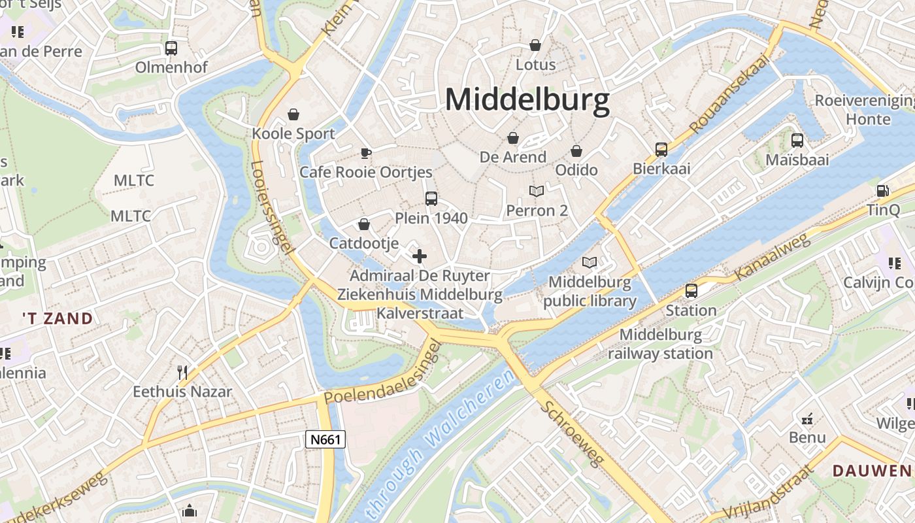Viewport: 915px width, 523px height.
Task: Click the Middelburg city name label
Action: (x=527, y=100)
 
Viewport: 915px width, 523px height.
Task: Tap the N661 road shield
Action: (x=325, y=439)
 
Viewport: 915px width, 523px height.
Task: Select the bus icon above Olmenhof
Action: (x=171, y=48)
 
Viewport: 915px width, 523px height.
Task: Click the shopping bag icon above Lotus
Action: (x=535, y=45)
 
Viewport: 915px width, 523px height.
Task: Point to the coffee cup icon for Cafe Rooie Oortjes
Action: (x=366, y=153)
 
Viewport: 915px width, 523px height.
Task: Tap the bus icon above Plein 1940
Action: (x=431, y=198)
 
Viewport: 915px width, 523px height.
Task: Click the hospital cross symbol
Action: (x=420, y=256)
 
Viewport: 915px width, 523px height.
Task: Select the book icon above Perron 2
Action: (x=537, y=191)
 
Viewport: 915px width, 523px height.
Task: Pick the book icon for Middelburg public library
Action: (x=590, y=263)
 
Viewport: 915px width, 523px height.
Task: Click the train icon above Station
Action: (x=691, y=291)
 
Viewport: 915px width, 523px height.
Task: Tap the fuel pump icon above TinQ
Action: (x=883, y=191)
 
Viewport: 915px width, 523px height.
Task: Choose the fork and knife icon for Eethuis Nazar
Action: (x=182, y=373)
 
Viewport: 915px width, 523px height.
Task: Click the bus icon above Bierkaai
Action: (x=661, y=150)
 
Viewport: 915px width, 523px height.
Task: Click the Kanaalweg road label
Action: (x=773, y=257)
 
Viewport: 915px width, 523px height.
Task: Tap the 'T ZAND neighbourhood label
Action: (x=58, y=318)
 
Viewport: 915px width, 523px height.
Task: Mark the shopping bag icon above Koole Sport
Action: (x=293, y=114)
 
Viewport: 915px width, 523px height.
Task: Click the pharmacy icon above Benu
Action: (x=807, y=418)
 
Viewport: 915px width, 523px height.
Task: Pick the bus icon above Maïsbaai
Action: (x=797, y=140)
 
